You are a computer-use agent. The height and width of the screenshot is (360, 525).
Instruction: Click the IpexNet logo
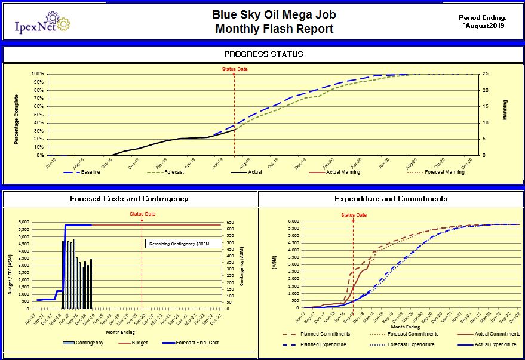point(41,24)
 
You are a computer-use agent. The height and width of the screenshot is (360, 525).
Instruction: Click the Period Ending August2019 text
point(483,21)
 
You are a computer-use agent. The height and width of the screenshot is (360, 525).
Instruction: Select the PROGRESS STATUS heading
point(263,54)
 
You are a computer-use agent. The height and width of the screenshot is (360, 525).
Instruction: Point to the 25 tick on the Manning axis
point(487,74)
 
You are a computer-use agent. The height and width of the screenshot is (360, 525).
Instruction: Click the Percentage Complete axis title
point(17,119)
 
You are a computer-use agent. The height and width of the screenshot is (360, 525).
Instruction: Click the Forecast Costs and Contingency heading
point(128,199)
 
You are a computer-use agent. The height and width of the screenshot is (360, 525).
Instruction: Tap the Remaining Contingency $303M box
point(182,244)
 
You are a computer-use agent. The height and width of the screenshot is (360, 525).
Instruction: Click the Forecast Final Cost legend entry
point(199,343)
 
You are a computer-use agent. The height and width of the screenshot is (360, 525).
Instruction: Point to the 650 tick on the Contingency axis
point(232,221)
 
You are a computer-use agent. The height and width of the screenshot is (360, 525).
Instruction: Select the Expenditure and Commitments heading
point(391,199)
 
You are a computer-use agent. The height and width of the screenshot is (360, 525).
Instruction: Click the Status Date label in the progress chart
point(235,69)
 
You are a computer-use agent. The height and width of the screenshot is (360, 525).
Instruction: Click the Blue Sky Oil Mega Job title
point(266,14)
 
